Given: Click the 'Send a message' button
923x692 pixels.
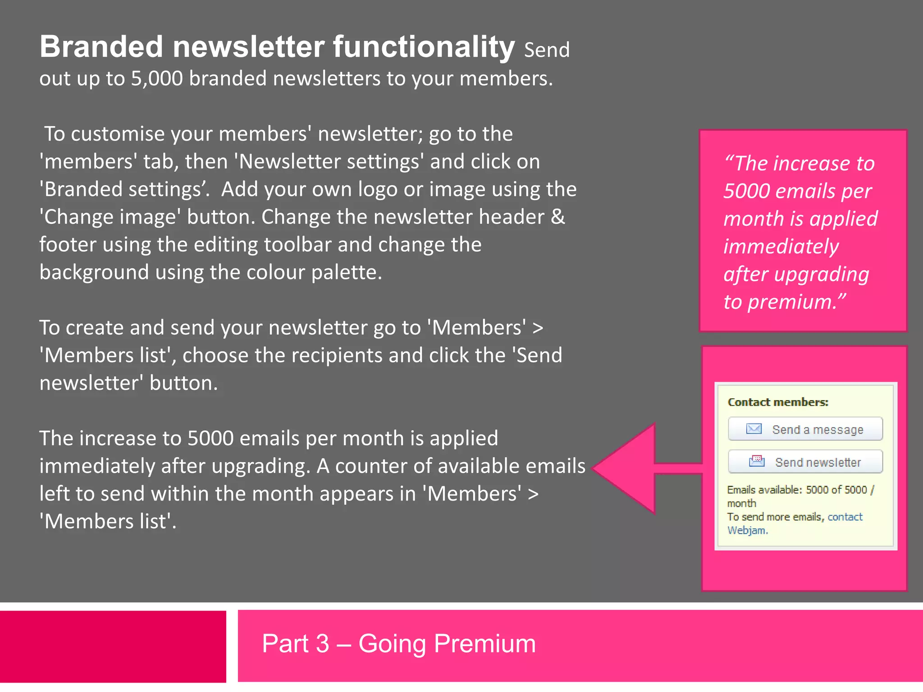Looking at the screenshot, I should pyautogui.click(x=805, y=429).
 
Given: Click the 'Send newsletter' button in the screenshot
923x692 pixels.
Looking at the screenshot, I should pyautogui.click(x=805, y=462).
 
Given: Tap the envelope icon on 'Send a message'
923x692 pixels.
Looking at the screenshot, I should pyautogui.click(x=754, y=428).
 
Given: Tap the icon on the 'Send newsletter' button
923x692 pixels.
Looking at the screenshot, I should pyautogui.click(x=757, y=461).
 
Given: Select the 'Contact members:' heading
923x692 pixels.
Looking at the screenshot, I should pyautogui.click(x=778, y=402).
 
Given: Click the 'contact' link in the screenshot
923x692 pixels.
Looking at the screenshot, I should pyautogui.click(x=845, y=517).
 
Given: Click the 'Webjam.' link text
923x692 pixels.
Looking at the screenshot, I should pyautogui.click(x=747, y=530).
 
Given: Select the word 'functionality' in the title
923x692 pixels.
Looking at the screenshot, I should pyautogui.click(x=424, y=47).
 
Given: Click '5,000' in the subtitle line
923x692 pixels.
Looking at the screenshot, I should pyautogui.click(x=157, y=79).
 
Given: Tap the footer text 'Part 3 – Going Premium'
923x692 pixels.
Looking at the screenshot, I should pyautogui.click(x=399, y=643).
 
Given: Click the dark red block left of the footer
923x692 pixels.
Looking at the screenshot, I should pyautogui.click(x=113, y=646).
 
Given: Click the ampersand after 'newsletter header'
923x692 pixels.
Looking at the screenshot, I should pyautogui.click(x=558, y=217).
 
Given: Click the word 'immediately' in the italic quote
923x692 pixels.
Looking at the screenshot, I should pyautogui.click(x=781, y=246).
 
